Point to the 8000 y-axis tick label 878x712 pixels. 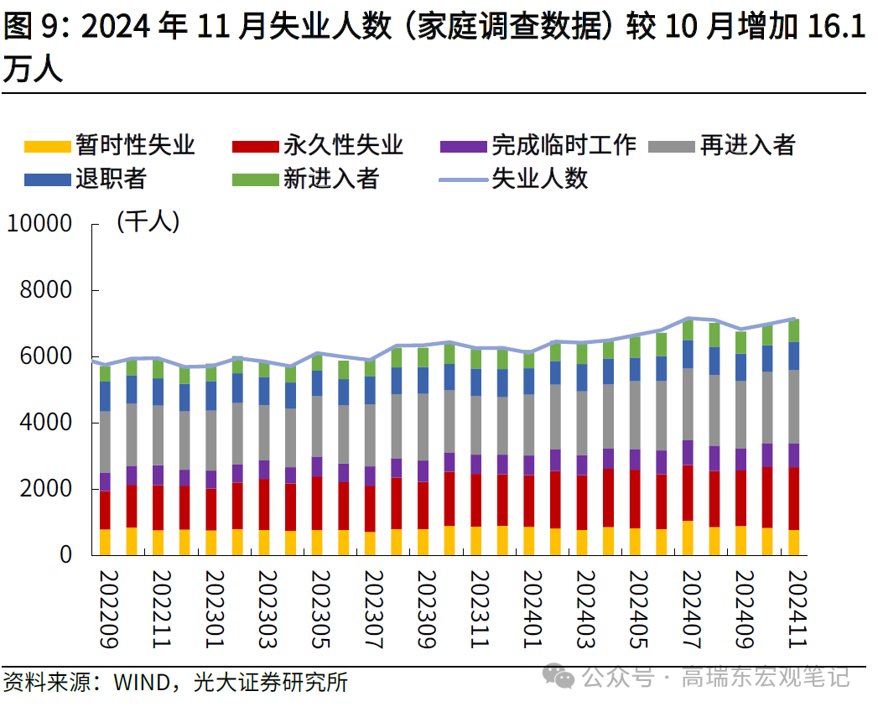pyautogui.click(x=46, y=290)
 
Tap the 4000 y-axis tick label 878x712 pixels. pyautogui.click(x=46, y=423)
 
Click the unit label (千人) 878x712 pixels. pyautogui.click(x=148, y=222)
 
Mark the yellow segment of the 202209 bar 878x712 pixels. pyautogui.click(x=106, y=542)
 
